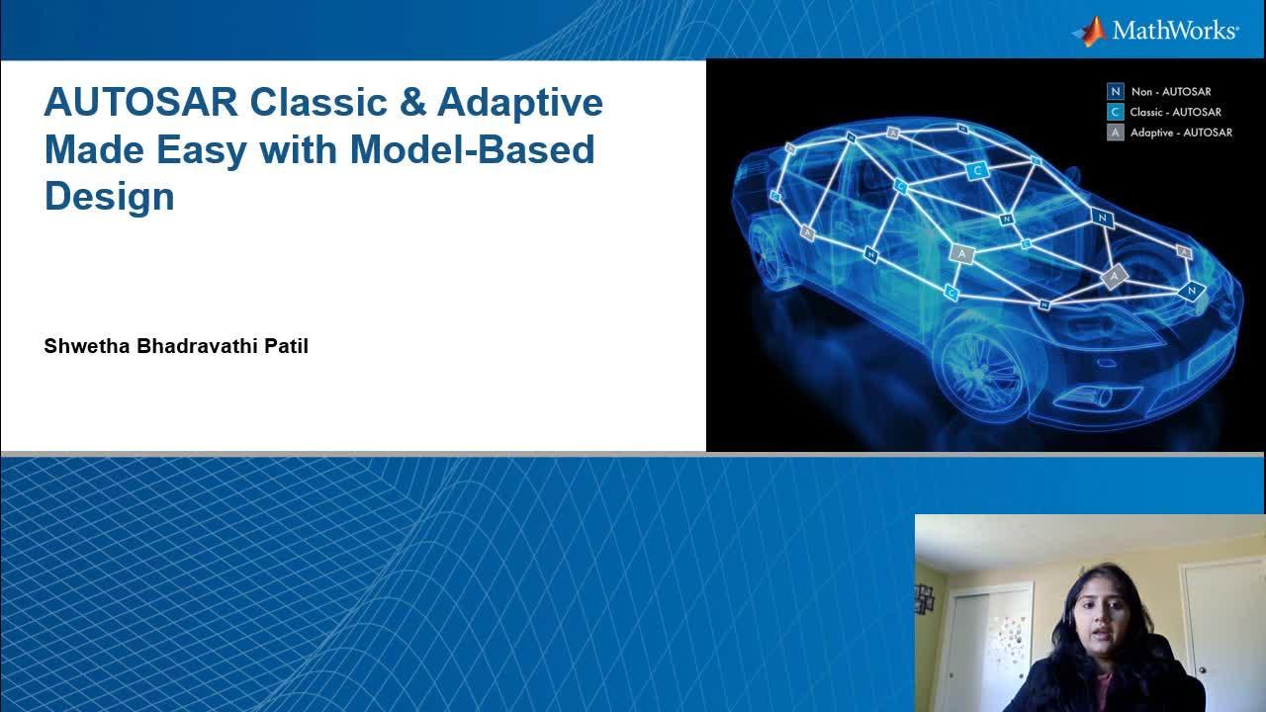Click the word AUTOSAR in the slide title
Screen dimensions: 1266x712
[x=141, y=102]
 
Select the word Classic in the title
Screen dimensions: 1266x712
[x=318, y=102]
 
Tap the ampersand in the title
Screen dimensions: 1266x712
[x=412, y=102]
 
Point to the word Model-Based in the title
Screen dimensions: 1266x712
[x=473, y=149]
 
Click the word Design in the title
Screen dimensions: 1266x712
[x=110, y=197]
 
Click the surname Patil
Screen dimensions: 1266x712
[x=287, y=346]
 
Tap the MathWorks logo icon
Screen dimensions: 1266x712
[x=1090, y=32]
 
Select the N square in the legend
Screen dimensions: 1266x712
[x=1115, y=92]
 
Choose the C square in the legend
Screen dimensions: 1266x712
[x=1115, y=112]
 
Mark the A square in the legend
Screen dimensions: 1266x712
[x=1115, y=133]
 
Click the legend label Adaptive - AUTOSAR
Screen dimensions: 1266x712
[x=1181, y=133]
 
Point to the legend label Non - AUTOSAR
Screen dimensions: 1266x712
[x=1171, y=92]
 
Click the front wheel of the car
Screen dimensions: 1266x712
[x=983, y=370]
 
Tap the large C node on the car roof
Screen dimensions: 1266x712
[x=977, y=169]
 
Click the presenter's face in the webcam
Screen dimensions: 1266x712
[x=1102, y=624]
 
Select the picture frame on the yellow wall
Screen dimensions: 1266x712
[x=925, y=599]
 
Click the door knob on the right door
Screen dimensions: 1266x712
[x=1203, y=670]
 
